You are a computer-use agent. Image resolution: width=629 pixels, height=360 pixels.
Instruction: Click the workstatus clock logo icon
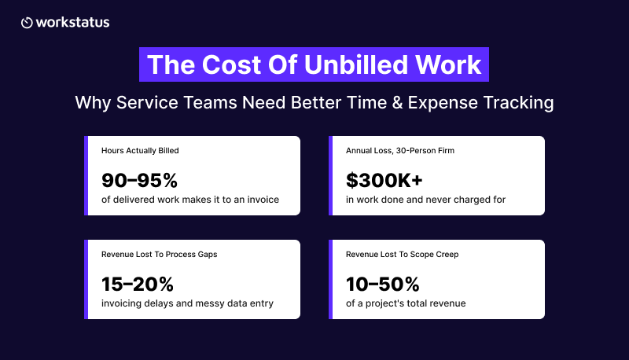(27, 23)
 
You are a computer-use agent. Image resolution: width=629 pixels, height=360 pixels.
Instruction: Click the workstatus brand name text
(72, 23)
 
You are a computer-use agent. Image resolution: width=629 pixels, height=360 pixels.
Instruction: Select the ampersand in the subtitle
(397, 103)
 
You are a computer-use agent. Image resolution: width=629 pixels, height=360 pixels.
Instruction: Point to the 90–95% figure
(139, 181)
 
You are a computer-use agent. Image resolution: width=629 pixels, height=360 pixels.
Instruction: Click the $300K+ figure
(384, 181)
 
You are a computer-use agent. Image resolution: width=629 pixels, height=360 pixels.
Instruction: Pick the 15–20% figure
(137, 285)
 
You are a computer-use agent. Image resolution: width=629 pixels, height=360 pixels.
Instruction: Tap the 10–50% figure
(382, 285)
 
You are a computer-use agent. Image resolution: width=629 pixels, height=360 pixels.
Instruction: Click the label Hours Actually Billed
(140, 151)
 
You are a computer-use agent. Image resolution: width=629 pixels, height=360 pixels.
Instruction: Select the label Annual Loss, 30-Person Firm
(400, 151)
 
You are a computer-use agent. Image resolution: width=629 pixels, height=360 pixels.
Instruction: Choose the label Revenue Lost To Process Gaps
(160, 255)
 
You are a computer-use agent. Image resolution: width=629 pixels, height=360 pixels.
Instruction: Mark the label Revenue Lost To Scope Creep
(402, 255)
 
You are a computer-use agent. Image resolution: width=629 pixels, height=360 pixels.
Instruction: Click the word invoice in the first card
(263, 200)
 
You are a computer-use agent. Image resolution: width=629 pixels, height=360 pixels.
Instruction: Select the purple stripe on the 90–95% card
(86, 175)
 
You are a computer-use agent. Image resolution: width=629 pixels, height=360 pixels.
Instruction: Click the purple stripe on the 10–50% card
(330, 279)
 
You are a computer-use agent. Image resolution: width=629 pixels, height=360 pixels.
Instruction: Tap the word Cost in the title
(232, 64)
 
